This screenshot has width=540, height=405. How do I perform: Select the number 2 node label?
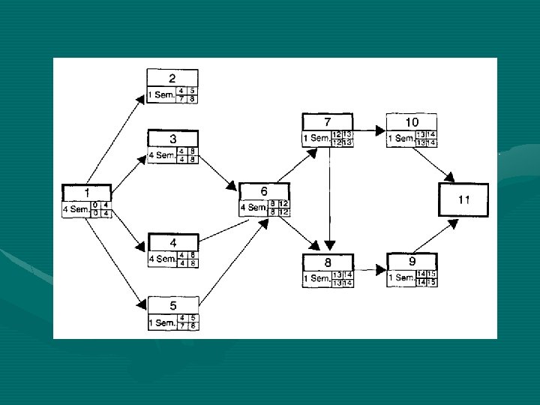point(172,78)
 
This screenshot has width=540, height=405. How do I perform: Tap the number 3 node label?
point(172,139)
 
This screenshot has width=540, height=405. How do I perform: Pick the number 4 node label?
point(172,243)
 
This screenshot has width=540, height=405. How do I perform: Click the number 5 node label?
point(172,305)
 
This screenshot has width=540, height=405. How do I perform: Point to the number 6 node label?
point(264,192)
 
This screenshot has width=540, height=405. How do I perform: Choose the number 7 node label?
point(327,121)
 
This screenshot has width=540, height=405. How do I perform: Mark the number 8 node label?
point(327,262)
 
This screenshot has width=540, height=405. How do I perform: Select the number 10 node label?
point(412,121)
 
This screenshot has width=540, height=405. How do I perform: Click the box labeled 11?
point(463,199)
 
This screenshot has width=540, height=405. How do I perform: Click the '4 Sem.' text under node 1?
point(76,209)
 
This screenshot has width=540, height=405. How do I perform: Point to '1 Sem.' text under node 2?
point(161,95)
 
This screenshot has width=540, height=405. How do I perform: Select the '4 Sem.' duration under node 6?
point(253,208)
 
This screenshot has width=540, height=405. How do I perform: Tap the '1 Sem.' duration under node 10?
point(400,138)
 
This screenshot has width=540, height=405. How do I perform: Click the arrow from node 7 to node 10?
point(370,130)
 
